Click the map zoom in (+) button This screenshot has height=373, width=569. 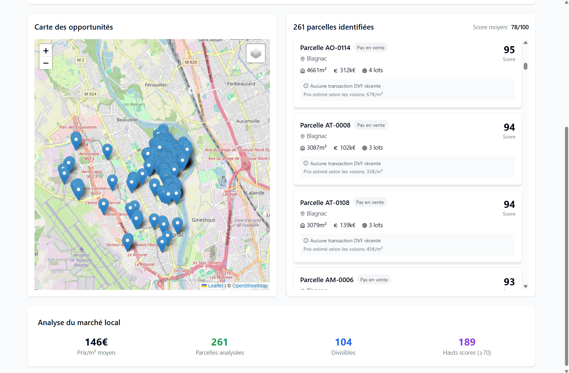[46, 51]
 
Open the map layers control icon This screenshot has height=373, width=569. [256, 54]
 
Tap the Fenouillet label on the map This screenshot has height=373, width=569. [155, 85]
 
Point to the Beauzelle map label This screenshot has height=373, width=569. [127, 120]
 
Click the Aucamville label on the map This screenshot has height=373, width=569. [248, 121]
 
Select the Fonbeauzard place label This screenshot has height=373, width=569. [241, 84]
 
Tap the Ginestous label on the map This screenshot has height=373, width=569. [203, 220]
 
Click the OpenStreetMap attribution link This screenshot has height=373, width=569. [250, 286]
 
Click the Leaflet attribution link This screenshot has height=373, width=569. [215, 286]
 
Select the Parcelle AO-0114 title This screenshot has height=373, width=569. [325, 48]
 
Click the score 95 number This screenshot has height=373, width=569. [509, 50]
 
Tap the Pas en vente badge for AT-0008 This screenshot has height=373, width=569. [371, 125]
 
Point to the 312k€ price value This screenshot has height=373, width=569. [347, 70]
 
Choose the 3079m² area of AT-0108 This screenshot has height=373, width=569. [316, 225]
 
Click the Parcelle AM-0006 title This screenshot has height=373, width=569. [327, 280]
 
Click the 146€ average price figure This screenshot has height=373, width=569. [96, 342]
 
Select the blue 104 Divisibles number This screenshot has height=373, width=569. [343, 342]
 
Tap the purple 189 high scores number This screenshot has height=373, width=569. [467, 342]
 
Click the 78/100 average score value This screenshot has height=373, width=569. [520, 27]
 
